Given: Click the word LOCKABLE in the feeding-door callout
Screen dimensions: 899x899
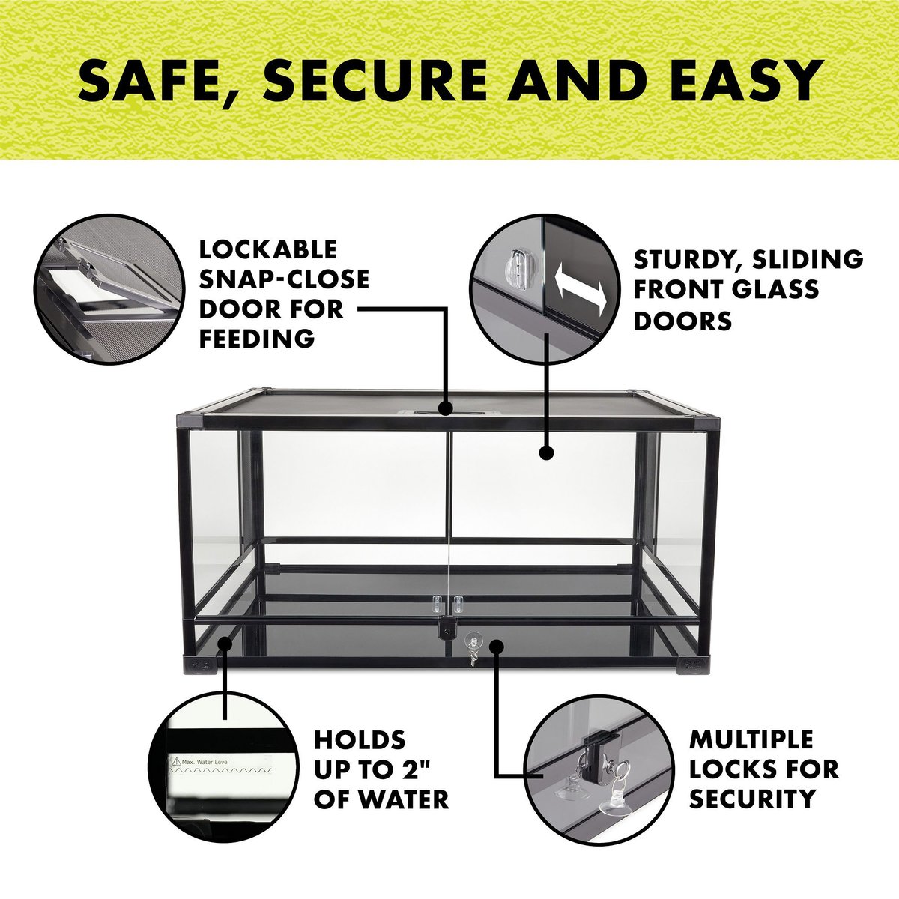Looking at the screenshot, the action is (267, 250).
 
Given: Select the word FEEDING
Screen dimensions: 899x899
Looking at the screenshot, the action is (257, 338).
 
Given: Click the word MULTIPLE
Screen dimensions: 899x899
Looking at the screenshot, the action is (751, 740).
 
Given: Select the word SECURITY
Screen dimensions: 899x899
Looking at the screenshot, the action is (752, 799).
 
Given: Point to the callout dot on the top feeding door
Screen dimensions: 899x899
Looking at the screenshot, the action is (446, 408).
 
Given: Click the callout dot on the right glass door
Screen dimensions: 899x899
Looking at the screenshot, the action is (546, 452).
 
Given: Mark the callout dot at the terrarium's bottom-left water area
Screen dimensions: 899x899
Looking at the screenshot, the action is (225, 644).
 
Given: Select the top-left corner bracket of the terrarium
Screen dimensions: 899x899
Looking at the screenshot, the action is (191, 420).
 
